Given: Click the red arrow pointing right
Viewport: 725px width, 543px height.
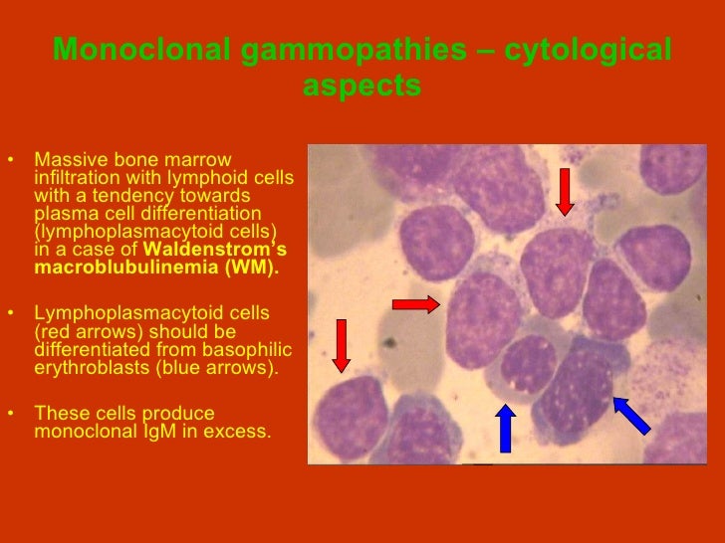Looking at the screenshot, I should tap(416, 304).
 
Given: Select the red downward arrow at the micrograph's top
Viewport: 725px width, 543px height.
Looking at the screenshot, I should tap(565, 191).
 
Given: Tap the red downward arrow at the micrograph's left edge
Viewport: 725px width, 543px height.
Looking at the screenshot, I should tap(341, 345).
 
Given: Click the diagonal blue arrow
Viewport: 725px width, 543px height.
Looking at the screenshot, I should tap(631, 415).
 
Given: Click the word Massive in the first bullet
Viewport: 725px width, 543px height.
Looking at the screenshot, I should tap(65, 160).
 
